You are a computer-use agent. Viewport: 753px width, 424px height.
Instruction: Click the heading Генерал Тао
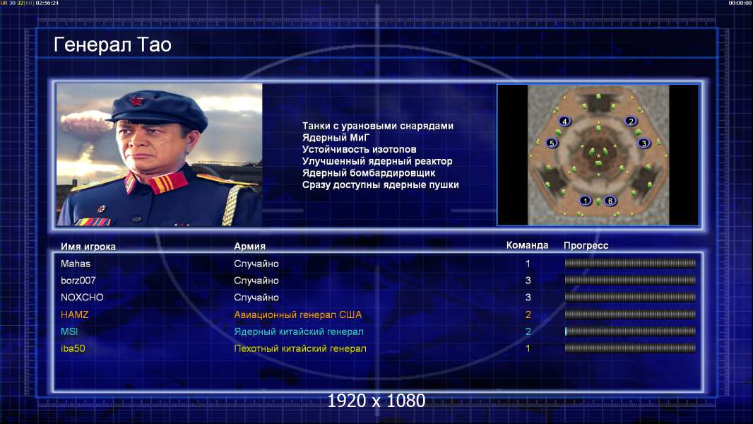tap(112, 45)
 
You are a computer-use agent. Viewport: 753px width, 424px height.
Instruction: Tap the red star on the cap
tap(136, 100)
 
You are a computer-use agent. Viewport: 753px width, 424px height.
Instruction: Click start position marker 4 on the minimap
tap(565, 121)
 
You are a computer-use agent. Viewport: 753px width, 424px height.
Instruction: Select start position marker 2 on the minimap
tap(631, 121)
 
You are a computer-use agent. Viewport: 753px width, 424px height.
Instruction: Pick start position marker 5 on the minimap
tap(552, 143)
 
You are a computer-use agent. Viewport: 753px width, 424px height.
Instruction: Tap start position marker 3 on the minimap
tap(644, 143)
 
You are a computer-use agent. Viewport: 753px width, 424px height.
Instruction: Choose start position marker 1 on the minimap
tap(585, 201)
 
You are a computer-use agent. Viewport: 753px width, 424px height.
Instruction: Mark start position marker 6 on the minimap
tap(610, 201)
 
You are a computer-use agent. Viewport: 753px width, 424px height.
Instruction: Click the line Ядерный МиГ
tap(336, 137)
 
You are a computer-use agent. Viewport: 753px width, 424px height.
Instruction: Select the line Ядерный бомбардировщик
tap(368, 173)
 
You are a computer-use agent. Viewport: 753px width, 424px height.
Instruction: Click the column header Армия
tap(250, 246)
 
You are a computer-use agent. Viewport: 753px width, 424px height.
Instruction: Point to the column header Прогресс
tap(586, 245)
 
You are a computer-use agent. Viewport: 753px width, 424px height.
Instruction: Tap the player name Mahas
tap(76, 264)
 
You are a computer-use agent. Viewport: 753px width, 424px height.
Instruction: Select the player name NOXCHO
tap(82, 298)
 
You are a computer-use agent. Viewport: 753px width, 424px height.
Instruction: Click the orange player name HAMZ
tap(74, 314)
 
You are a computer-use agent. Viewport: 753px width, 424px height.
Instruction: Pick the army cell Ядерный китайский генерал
tap(299, 331)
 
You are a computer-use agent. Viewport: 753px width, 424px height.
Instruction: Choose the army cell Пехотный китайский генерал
tap(300, 348)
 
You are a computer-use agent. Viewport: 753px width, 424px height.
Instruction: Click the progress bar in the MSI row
tap(630, 331)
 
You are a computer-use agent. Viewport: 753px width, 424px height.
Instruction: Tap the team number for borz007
tap(528, 281)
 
